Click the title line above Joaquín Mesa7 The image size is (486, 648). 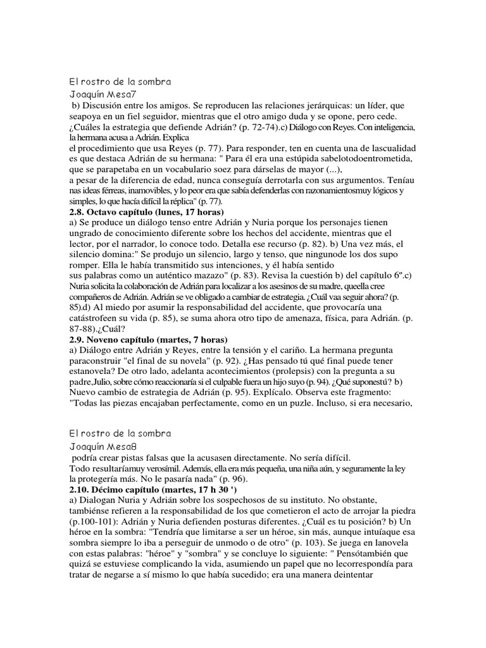coord(120,82)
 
